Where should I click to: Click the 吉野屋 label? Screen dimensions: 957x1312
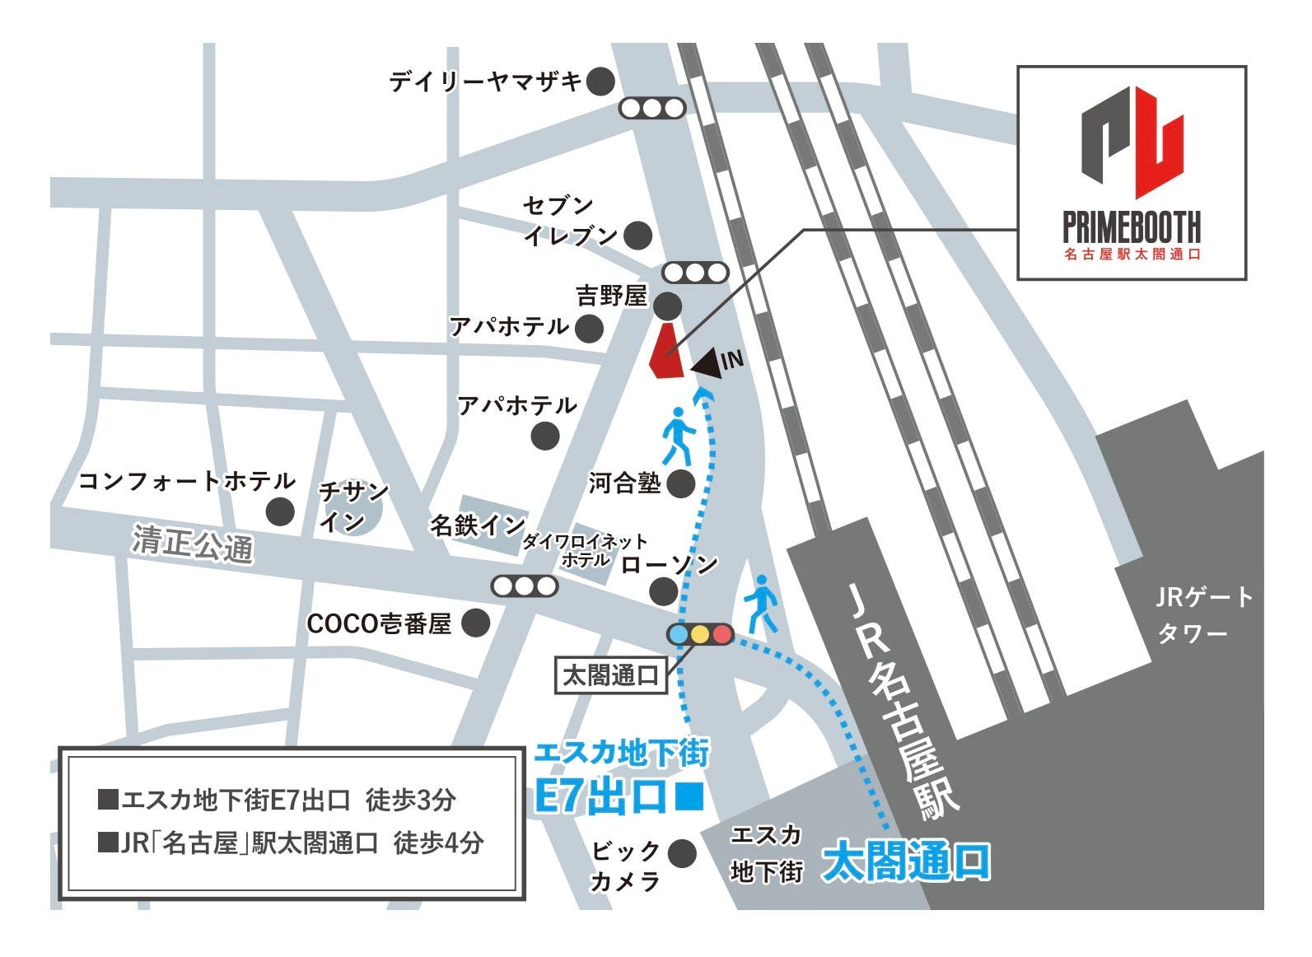(x=612, y=296)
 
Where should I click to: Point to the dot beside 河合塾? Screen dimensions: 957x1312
(x=680, y=483)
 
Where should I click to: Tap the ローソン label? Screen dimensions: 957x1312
(x=670, y=564)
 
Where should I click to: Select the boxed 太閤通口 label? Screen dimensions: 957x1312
(x=610, y=676)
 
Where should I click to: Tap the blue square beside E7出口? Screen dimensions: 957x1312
(x=689, y=796)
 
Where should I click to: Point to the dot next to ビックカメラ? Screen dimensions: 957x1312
(x=680, y=853)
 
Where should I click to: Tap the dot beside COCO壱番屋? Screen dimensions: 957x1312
(x=475, y=623)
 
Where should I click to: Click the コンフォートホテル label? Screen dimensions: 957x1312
(x=186, y=481)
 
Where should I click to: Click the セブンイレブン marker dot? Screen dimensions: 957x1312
(x=637, y=236)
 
